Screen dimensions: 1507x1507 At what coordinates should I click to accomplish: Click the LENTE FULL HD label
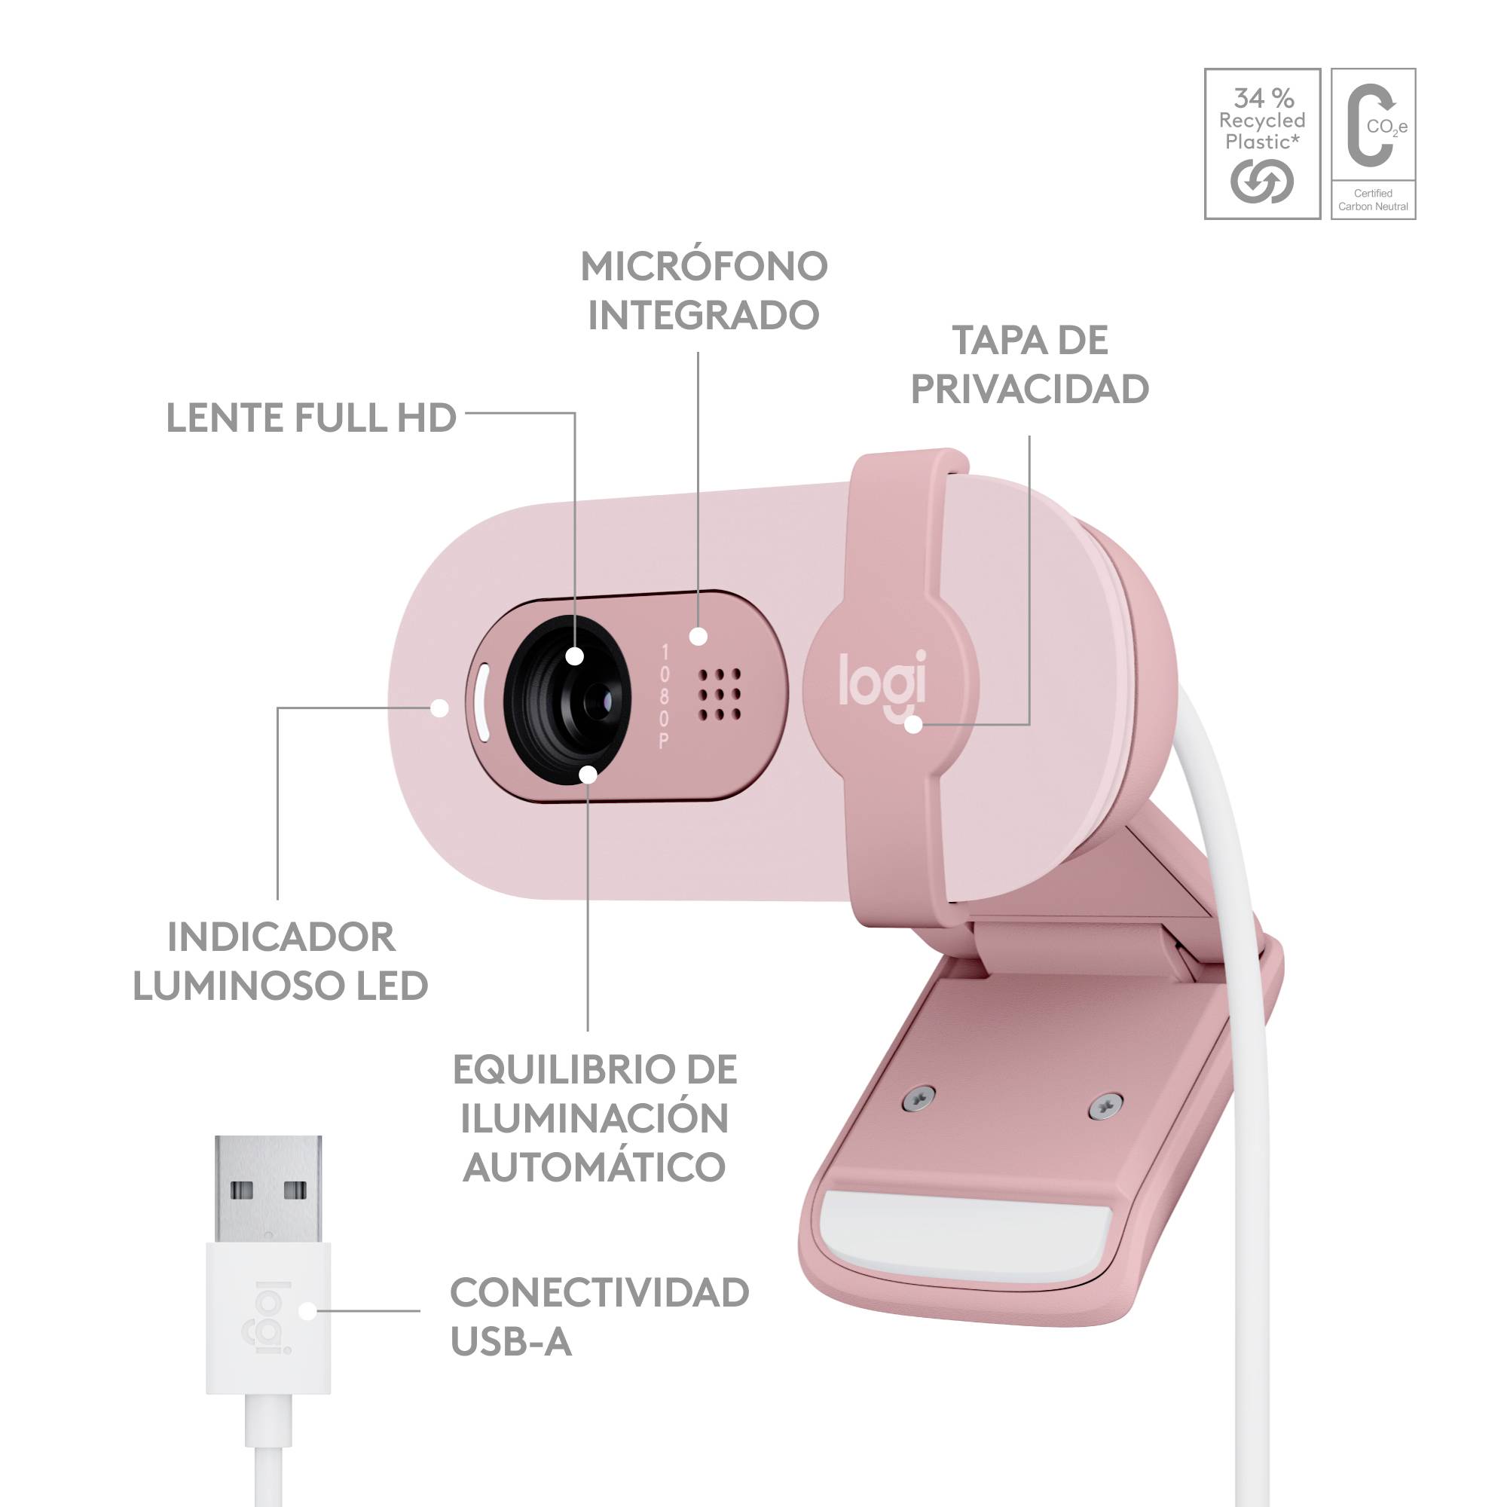click(311, 418)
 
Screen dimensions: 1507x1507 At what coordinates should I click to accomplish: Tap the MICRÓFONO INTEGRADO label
click(704, 290)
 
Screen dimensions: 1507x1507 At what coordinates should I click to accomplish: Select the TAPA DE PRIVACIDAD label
click(1029, 364)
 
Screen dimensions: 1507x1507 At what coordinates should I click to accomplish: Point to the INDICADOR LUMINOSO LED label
click(281, 961)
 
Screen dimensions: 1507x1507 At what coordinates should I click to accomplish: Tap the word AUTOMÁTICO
click(595, 1168)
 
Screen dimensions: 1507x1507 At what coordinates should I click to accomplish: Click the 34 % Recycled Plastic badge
click(1262, 143)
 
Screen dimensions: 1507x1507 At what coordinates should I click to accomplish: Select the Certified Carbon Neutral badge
click(1373, 143)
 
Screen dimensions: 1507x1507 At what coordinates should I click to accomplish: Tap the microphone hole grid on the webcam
click(719, 694)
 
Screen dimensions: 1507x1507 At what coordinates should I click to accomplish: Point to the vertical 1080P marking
click(665, 695)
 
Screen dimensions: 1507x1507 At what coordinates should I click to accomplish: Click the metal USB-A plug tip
click(268, 1190)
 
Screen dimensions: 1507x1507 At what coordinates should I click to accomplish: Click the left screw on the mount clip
click(919, 1098)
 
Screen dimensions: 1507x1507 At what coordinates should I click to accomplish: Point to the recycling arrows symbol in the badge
click(1262, 182)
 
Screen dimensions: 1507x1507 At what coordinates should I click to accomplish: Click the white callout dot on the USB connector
click(308, 1310)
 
